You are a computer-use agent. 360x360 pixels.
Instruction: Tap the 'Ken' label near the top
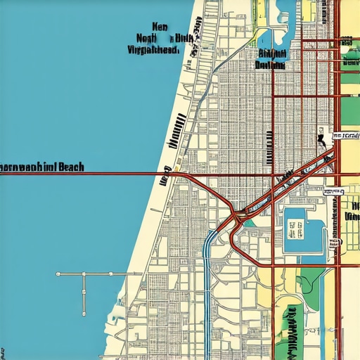tap(160, 26)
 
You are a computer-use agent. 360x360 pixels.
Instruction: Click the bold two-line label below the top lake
tap(271, 58)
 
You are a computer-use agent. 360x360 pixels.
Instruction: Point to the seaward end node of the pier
tap(58, 273)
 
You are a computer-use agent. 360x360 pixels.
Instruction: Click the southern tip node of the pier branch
tap(84, 314)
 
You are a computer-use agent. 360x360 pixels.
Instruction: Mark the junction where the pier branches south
tap(84, 273)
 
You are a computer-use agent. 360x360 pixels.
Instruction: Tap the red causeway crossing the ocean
tap(105, 173)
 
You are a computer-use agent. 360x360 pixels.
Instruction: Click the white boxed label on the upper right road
tap(346, 134)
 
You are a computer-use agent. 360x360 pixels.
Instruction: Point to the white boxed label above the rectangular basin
tap(333, 191)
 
